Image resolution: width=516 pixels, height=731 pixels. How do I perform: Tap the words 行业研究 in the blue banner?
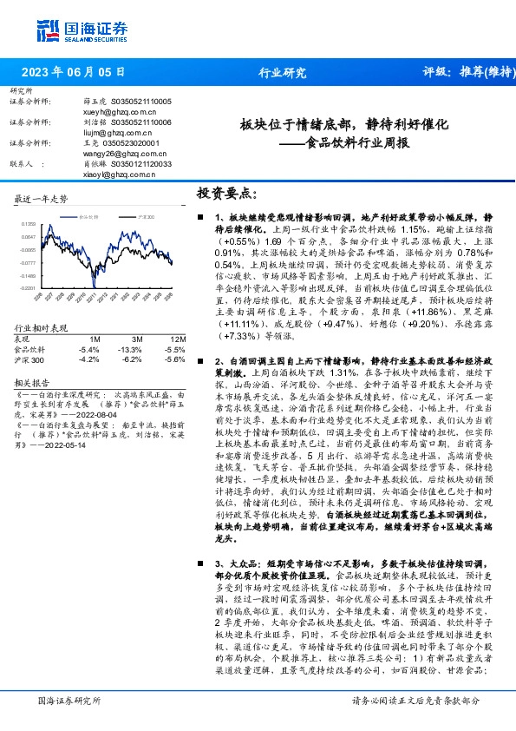[283, 73]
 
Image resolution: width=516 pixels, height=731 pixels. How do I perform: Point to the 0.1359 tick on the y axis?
[29, 224]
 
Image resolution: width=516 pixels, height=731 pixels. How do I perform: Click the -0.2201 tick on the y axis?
[29, 286]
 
